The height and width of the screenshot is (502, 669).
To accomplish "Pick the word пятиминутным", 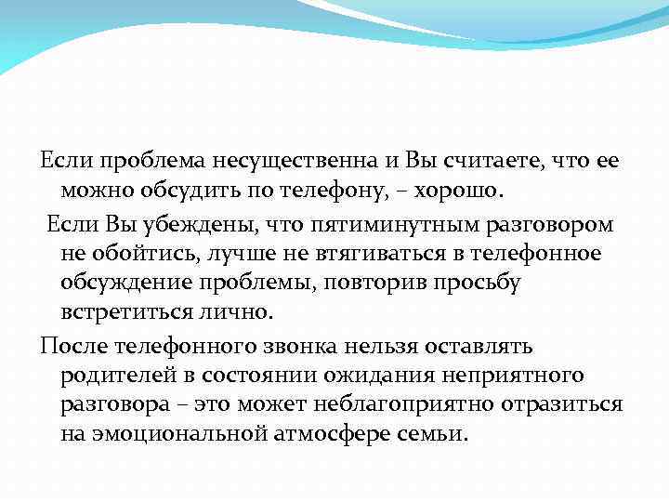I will point(381,223).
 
